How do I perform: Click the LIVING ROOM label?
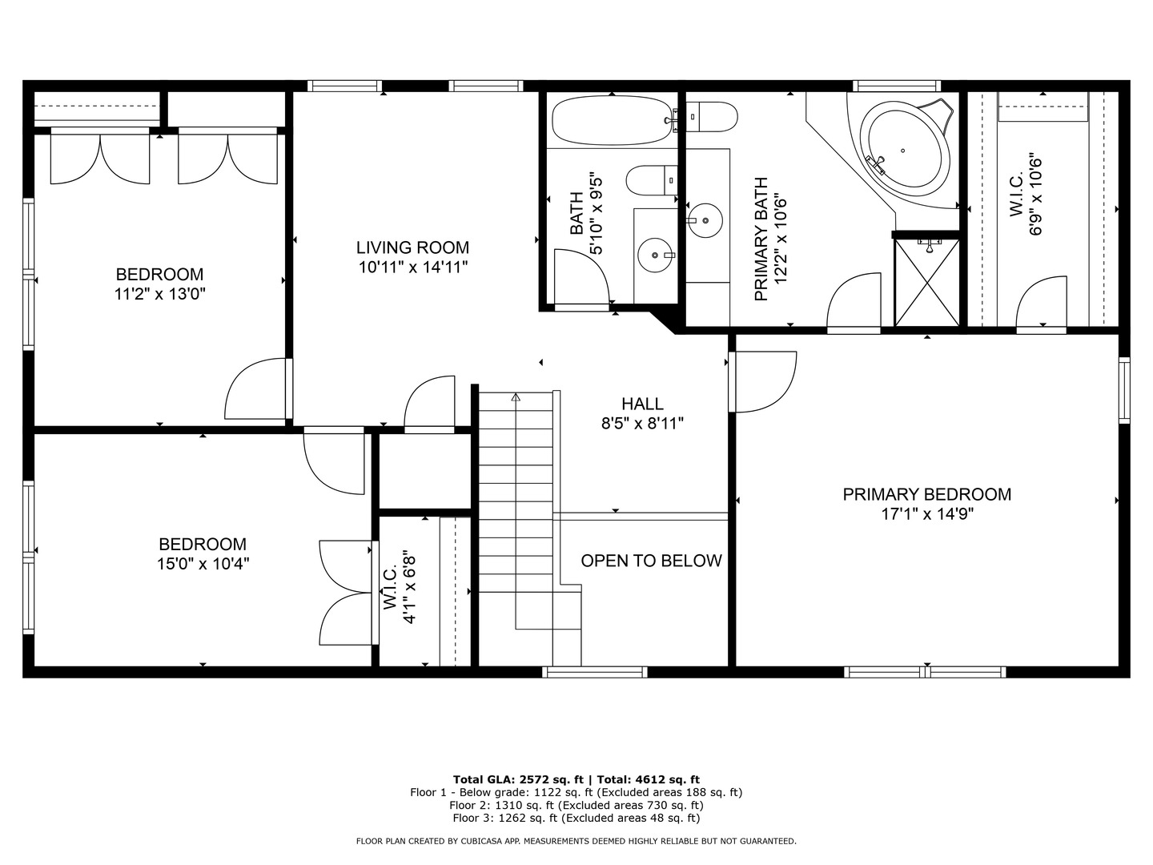412,247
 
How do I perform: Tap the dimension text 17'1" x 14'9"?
927,514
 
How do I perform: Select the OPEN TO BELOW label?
651,561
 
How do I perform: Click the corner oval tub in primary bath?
902,150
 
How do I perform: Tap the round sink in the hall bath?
656,255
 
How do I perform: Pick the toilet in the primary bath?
712,117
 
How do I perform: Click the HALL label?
642,404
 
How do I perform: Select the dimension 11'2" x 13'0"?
160,294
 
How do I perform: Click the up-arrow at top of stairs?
516,396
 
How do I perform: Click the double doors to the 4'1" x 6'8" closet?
346,593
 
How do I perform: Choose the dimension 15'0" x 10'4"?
203,564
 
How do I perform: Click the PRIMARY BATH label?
761,239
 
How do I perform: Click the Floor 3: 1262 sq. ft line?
576,818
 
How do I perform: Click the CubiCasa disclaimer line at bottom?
576,841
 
